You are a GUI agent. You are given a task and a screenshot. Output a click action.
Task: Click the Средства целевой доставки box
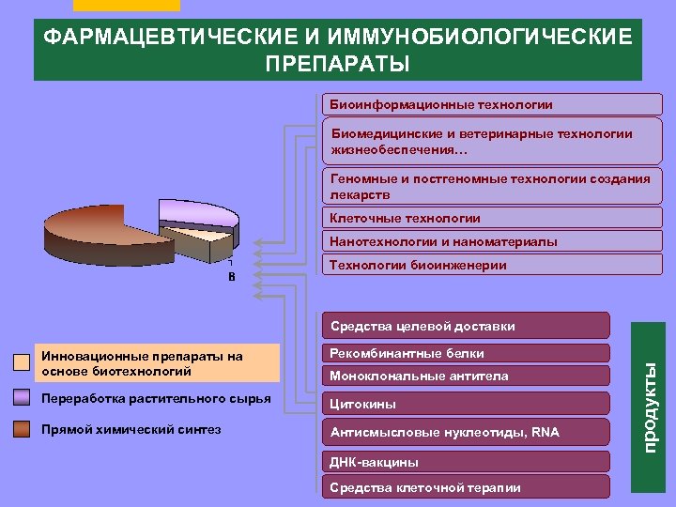pos(465,326)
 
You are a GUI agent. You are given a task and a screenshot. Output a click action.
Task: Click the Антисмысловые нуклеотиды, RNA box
pos(465,433)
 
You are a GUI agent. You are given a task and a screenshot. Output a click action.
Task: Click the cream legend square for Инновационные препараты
pos(22,363)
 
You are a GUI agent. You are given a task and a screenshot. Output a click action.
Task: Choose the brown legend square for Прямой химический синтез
pos(22,430)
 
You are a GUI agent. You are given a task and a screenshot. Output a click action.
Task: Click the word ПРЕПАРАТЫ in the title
pos(337,65)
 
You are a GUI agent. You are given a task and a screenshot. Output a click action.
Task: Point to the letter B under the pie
pos(230,278)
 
